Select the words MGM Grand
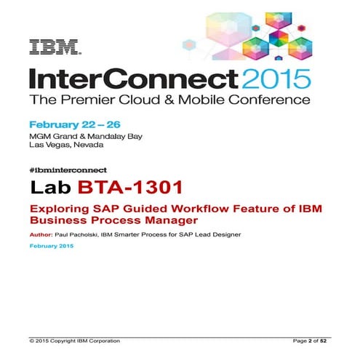(52, 136)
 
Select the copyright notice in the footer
(74, 340)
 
